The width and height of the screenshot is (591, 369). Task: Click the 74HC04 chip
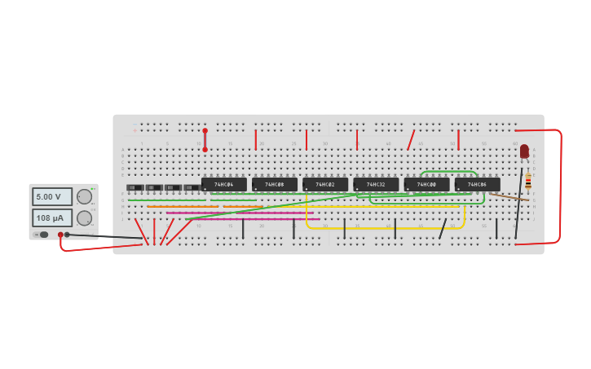tap(223, 185)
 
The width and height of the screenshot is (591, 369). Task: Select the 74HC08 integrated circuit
tap(274, 185)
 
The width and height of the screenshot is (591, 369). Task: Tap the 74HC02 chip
tap(324, 185)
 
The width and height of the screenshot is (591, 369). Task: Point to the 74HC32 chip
tap(375, 185)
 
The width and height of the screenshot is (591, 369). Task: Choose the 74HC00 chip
tap(426, 185)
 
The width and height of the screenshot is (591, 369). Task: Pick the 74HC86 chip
tap(477, 185)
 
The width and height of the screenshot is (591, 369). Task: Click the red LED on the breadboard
tap(524, 152)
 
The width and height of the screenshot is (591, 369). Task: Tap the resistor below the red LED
tap(527, 181)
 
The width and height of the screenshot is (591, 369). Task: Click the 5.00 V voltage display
tap(51, 196)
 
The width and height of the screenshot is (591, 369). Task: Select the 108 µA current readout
tap(51, 218)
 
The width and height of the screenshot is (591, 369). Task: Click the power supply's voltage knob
tap(84, 196)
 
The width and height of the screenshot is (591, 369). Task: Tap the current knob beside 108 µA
tap(84, 218)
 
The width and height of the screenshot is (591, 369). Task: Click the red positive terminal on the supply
tap(60, 235)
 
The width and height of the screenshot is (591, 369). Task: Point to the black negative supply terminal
tap(67, 235)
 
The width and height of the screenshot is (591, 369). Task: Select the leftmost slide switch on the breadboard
tap(135, 188)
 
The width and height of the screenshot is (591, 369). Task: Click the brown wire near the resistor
tap(509, 196)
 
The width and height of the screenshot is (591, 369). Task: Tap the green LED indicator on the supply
tap(92, 188)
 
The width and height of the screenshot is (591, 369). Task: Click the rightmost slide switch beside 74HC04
tap(192, 188)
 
